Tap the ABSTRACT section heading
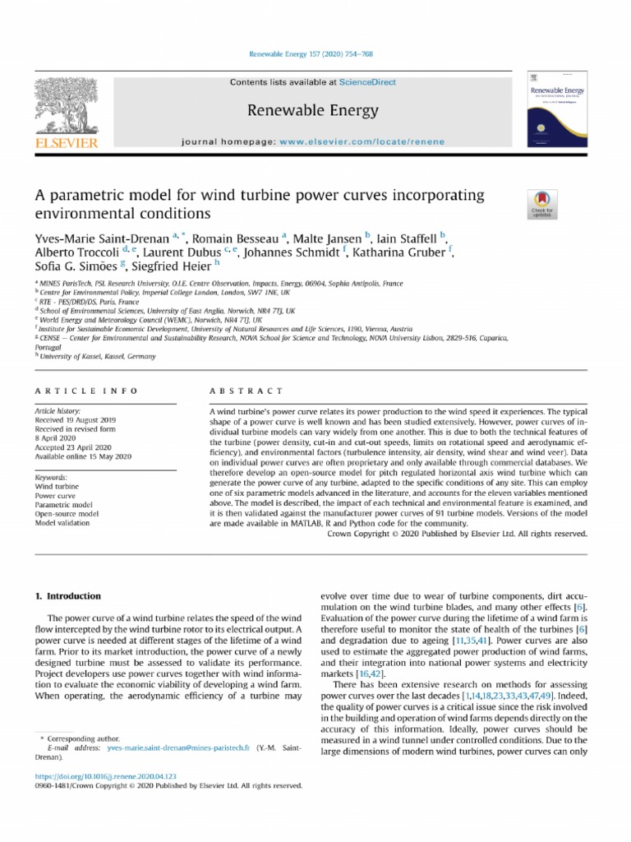pyautogui.click(x=246, y=391)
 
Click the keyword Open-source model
pyautogui.click(x=66, y=513)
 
